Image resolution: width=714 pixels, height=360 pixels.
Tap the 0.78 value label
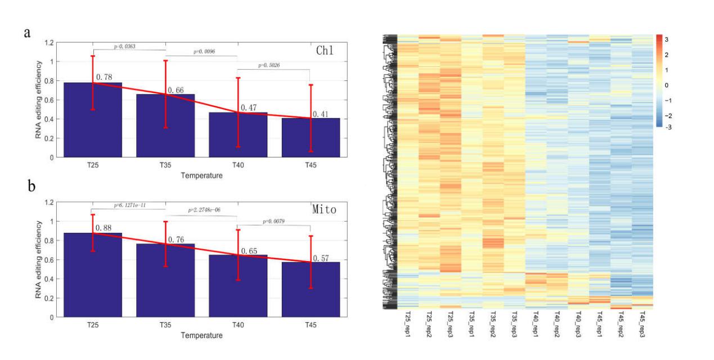click(x=104, y=77)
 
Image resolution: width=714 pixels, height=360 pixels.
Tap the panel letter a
click(x=26, y=32)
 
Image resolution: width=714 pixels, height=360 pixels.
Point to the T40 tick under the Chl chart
click(x=238, y=164)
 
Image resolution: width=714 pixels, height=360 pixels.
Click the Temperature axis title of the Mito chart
click(x=201, y=335)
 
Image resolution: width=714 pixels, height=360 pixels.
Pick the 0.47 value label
click(x=249, y=107)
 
